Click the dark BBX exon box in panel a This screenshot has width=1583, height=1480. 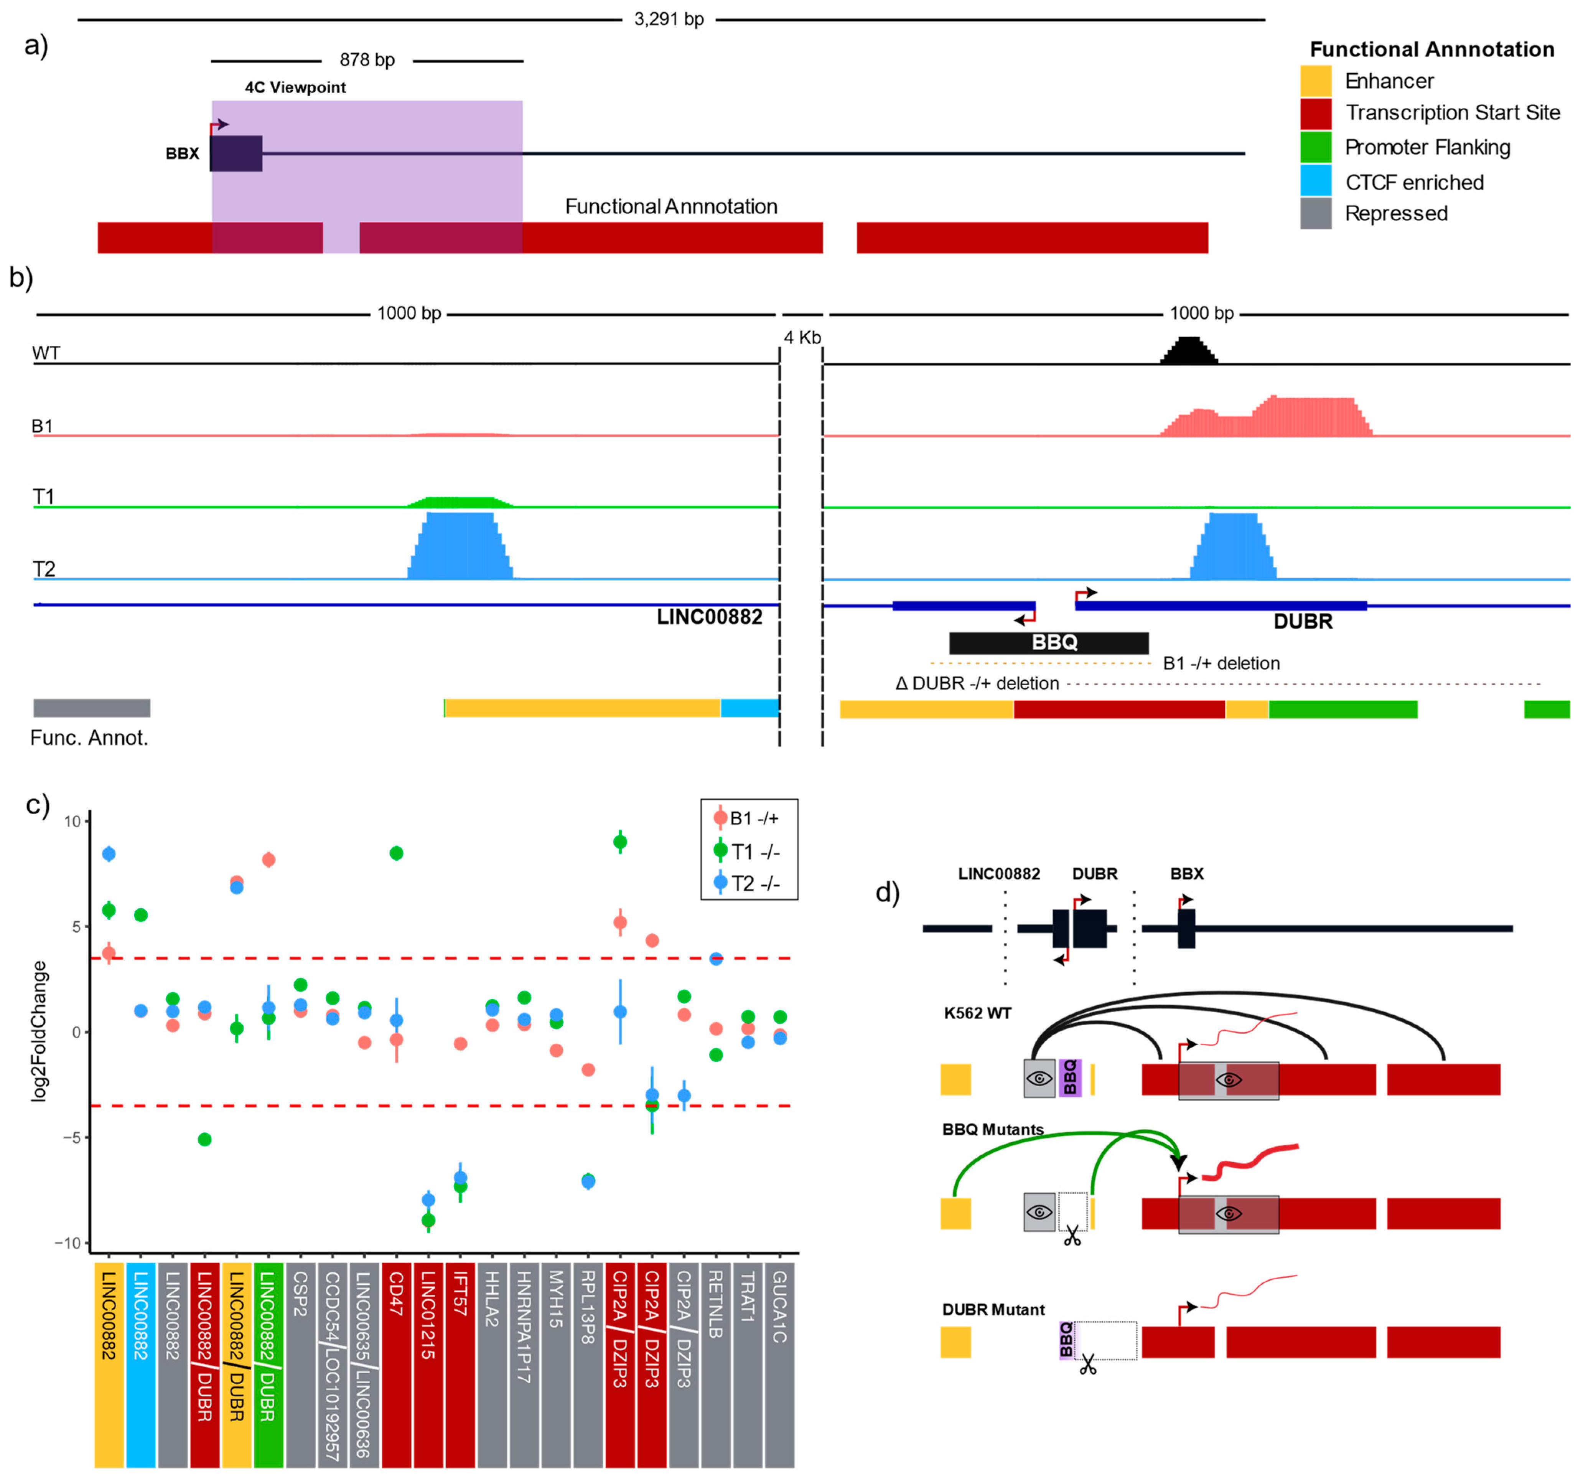click(x=236, y=154)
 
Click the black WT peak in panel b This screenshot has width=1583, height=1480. click(x=1188, y=351)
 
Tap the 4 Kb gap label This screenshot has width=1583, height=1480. click(x=802, y=338)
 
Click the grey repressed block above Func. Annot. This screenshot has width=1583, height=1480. click(x=92, y=707)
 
